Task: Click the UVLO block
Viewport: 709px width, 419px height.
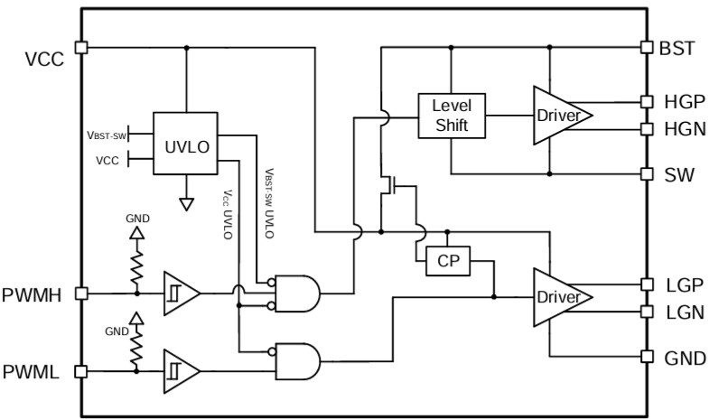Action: point(186,144)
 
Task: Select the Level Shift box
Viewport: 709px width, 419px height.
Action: point(451,115)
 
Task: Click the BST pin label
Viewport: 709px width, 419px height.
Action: point(678,48)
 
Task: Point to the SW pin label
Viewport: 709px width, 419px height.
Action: point(678,174)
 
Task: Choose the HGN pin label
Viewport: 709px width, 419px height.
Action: point(683,130)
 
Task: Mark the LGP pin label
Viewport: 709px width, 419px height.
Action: point(683,284)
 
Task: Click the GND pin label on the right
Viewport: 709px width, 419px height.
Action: point(684,358)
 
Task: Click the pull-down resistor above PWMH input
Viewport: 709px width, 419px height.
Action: point(136,265)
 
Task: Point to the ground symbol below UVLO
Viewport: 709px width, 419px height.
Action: point(186,204)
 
